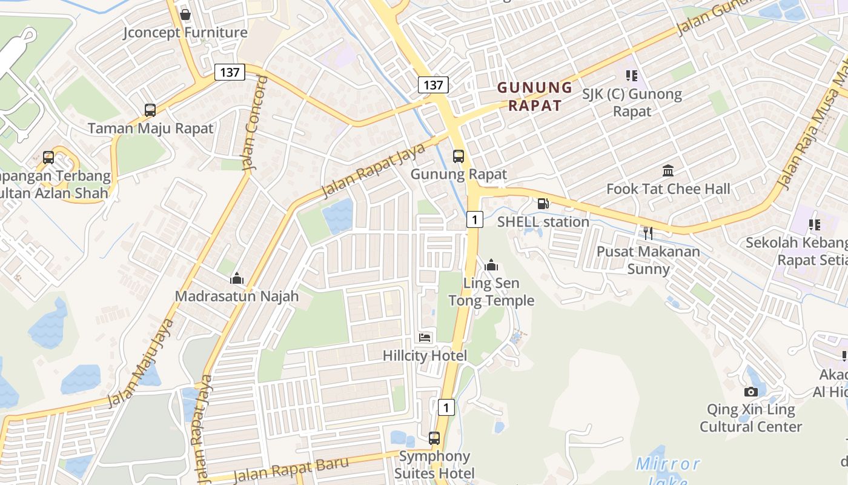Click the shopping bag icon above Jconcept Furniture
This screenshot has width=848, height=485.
185,14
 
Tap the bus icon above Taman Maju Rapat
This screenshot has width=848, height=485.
150,110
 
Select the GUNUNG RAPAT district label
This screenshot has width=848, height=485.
535,96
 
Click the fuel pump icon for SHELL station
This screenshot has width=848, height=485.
543,204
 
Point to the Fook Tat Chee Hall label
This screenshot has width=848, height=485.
668,189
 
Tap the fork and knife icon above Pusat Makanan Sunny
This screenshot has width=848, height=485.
648,233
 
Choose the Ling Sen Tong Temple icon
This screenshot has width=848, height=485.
491,265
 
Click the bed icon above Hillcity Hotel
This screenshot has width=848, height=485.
425,338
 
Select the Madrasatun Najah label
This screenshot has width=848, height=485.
237,296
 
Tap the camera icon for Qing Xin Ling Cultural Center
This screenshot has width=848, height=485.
751,392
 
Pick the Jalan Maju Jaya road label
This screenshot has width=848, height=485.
141,363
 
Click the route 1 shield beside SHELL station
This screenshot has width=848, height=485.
475,219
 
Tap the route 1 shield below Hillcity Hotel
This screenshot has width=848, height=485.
446,407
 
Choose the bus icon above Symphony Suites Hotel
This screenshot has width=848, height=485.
434,438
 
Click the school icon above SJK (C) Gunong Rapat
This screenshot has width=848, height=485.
632,76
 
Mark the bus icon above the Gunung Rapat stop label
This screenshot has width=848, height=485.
459,156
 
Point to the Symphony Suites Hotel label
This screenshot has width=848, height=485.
434,464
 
